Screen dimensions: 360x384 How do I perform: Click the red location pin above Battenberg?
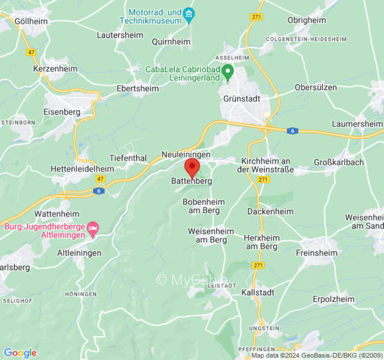pyautogui.click(x=192, y=167)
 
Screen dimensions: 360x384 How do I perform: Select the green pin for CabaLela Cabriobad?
pyautogui.click(x=228, y=71)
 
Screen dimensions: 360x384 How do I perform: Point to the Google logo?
pyautogui.click(x=20, y=353)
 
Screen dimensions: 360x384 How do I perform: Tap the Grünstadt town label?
pyautogui.click(x=242, y=99)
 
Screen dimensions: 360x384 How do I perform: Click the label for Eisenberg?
pyautogui.click(x=62, y=112)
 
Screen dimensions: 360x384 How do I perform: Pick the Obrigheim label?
pyautogui.click(x=307, y=21)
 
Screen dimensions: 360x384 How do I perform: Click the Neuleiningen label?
pyautogui.click(x=186, y=154)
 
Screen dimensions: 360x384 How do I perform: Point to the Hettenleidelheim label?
pyautogui.click(x=82, y=169)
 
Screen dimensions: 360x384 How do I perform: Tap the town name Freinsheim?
pyautogui.click(x=316, y=253)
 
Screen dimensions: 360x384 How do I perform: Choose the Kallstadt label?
pyautogui.click(x=258, y=292)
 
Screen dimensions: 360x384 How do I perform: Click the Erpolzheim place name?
pyautogui.click(x=334, y=299)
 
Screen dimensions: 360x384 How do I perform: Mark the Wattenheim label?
pyautogui.click(x=57, y=213)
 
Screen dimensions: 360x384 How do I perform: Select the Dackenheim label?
pyautogui.click(x=271, y=211)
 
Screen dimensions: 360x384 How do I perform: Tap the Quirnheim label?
pyautogui.click(x=171, y=42)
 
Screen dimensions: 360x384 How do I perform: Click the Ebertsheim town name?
pyautogui.click(x=138, y=89)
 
